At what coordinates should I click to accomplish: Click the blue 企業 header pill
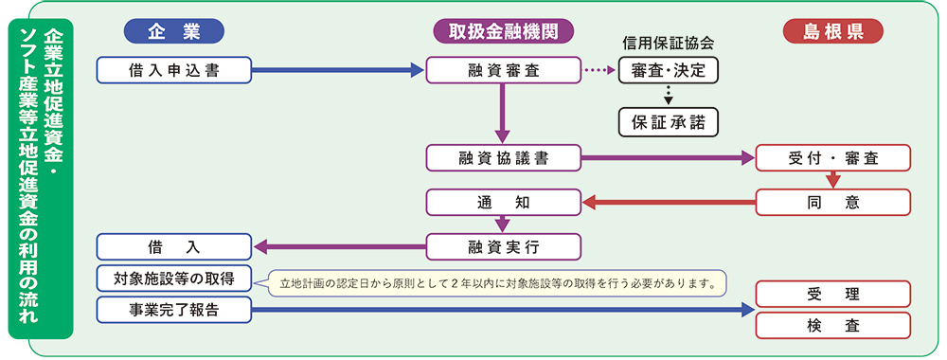pos(173,31)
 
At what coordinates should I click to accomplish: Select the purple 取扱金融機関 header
pos(504,31)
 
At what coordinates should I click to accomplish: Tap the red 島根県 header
pos(832,31)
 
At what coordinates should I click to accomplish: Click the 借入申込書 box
pos(174,69)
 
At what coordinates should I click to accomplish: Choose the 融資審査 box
pos(502,69)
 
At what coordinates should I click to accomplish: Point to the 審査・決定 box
pos(668,70)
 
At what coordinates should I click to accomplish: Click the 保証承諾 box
pos(668,121)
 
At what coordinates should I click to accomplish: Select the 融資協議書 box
pos(502,157)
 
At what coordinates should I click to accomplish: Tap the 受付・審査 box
pos(832,157)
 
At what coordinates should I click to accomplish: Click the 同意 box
pos(832,202)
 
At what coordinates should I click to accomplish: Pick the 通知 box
pos(502,202)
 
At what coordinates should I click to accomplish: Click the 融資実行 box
pos(502,246)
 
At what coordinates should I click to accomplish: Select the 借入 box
pos(174,246)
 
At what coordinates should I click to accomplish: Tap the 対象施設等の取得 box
pos(174,279)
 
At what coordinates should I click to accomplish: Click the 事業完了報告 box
pos(174,309)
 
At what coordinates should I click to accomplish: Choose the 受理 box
pos(832,295)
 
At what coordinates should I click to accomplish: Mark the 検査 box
pos(832,325)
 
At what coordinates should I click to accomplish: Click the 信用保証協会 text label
pos(668,44)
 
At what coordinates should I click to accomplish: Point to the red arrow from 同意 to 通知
pos(668,202)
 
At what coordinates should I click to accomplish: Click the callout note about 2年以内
pos(497,281)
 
